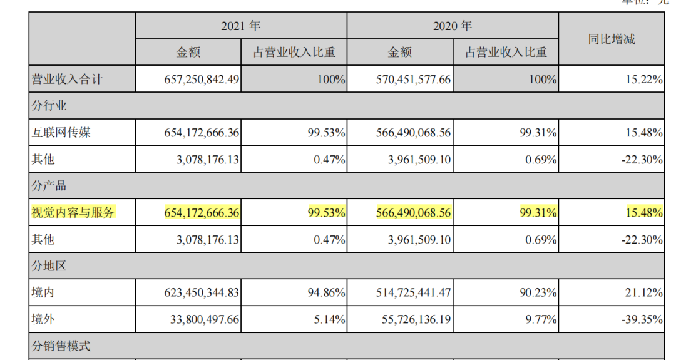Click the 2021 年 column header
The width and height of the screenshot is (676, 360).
pos(241,26)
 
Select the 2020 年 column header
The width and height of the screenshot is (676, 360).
pos(453,26)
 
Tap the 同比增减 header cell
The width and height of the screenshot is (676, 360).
pos(612,39)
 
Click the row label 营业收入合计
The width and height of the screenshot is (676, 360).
pos(67,80)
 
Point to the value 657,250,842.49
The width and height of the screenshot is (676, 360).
pos(193,80)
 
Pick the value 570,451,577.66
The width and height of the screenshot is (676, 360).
pos(404,80)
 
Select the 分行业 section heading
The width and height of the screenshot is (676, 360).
pos(49,106)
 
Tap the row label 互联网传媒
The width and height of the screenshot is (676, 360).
pos(61,133)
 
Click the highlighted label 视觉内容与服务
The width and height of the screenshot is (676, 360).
pos(73,213)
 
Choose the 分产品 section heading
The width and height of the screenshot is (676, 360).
pos(49,186)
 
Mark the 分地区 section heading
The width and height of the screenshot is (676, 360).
pos(49,266)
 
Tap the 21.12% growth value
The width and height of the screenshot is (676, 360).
pos(642,292)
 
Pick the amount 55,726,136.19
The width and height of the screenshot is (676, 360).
pos(408,319)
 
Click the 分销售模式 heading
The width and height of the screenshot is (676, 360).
pos(61,346)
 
